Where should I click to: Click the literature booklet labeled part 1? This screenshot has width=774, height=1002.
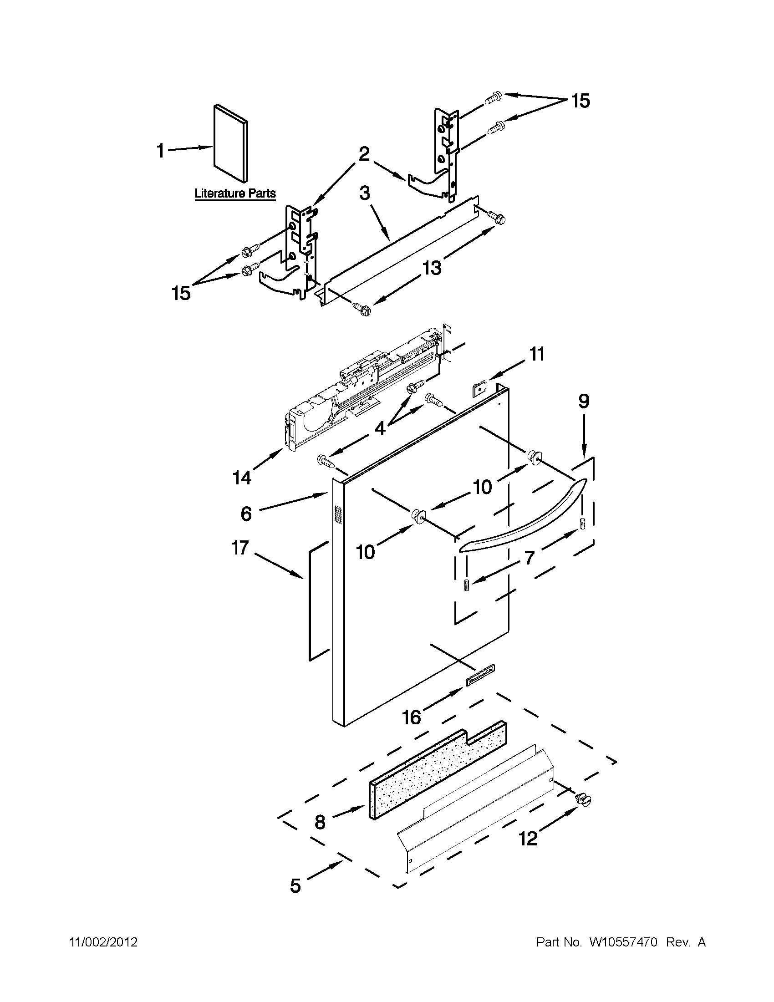pyautogui.click(x=231, y=143)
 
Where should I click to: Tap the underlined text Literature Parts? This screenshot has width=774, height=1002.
pyautogui.click(x=235, y=193)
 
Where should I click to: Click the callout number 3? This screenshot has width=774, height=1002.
pyautogui.click(x=365, y=193)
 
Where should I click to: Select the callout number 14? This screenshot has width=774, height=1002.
pyautogui.click(x=242, y=478)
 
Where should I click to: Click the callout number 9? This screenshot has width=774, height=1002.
pyautogui.click(x=583, y=402)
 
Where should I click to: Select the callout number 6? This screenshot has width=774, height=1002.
pyautogui.click(x=246, y=514)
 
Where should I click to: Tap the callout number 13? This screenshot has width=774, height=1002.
pyautogui.click(x=432, y=267)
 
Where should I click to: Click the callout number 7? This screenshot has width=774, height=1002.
pyautogui.click(x=530, y=558)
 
